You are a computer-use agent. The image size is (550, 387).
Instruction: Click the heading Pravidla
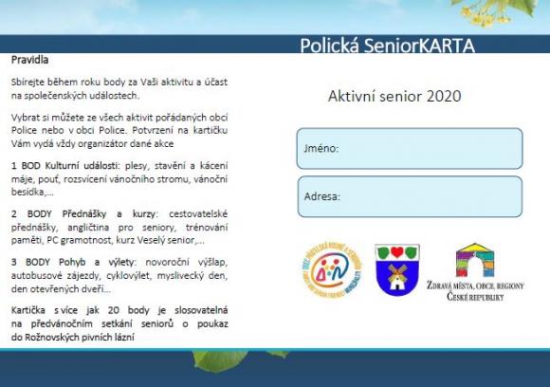coord(30,59)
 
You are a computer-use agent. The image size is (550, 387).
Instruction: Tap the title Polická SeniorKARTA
coord(387,46)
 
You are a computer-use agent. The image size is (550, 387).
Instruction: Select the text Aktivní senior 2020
coord(394,97)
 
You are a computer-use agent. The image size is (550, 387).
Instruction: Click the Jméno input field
coord(409,148)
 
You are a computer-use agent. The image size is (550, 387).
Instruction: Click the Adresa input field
coord(409,196)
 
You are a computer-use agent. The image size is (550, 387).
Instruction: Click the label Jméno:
coord(321,149)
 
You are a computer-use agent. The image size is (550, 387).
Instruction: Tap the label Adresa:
coord(322,197)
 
